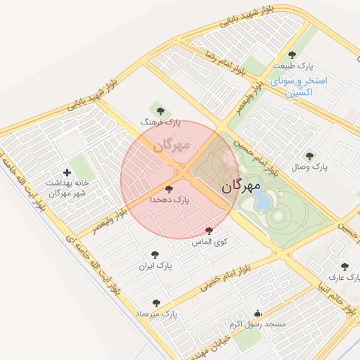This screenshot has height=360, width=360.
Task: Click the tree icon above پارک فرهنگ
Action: pyautogui.click(x=161, y=110)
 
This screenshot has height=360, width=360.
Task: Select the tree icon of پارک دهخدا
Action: pyautogui.click(x=168, y=188)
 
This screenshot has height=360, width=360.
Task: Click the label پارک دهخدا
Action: pyautogui.click(x=169, y=200)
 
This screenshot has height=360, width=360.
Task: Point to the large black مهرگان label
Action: pyautogui.click(x=241, y=186)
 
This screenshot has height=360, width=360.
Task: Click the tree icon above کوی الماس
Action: pyautogui.click(x=209, y=231)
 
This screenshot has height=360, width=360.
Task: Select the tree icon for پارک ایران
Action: pyautogui.click(x=155, y=255)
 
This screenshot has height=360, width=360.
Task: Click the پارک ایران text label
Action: pyautogui.click(x=155, y=266)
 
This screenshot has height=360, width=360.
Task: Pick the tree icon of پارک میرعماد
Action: pyautogui.click(x=156, y=303)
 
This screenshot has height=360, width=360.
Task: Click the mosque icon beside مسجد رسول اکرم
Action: pyautogui.click(x=257, y=314)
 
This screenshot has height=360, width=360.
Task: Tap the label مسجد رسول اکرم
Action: pyautogui.click(x=257, y=324)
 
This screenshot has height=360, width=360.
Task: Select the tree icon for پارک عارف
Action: pyautogui.click(x=344, y=266)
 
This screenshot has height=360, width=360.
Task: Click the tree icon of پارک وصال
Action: pyautogui.click(x=309, y=156)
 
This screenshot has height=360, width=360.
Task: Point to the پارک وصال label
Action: pyautogui.click(x=311, y=167)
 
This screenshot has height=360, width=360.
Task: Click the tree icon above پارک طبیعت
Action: pyautogui.click(x=292, y=55)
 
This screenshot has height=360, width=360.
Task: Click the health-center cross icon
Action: pyautogui.click(x=67, y=172)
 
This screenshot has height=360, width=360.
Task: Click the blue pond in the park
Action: pyautogui.click(x=262, y=202)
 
